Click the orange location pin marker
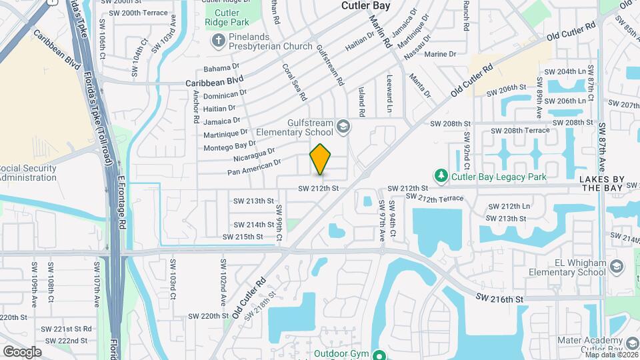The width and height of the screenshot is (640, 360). click(x=321, y=159)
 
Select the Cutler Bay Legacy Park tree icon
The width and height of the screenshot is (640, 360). click(x=440, y=177)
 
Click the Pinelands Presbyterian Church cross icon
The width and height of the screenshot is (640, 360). click(x=217, y=42)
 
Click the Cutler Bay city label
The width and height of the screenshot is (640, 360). click(x=369, y=5)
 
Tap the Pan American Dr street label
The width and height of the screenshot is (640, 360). click(x=254, y=167)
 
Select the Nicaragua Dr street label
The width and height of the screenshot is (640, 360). click(x=255, y=154)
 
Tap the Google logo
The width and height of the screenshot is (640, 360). click(x=22, y=351)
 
